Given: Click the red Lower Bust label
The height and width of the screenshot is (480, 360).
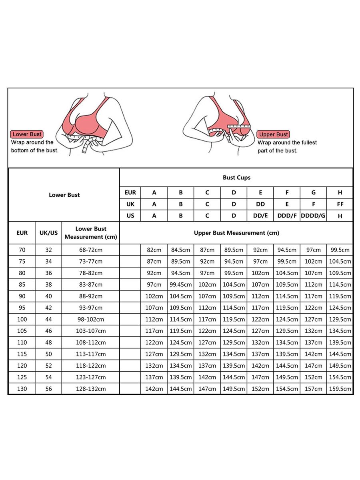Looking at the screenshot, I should pyautogui.click(x=27, y=134).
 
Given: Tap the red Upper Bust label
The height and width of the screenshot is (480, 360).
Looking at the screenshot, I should pyautogui.click(x=274, y=134).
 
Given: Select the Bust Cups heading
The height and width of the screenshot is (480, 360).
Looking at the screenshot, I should pyautogui.click(x=236, y=178).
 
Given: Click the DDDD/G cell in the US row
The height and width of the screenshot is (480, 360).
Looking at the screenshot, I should pyautogui.click(x=313, y=216).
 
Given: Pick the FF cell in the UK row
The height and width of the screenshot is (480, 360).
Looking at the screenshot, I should pyautogui.click(x=340, y=204).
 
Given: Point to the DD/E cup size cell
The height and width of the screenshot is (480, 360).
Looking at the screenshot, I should pyautogui.click(x=260, y=216).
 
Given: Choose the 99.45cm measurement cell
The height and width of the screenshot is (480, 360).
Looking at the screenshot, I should pyautogui.click(x=180, y=284).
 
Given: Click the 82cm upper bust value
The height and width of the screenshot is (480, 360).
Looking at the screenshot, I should pyautogui.click(x=154, y=250).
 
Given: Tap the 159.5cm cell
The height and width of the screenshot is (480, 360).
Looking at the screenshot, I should pyautogui.click(x=340, y=389).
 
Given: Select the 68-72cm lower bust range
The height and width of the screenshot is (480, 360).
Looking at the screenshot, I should pyautogui.click(x=90, y=250).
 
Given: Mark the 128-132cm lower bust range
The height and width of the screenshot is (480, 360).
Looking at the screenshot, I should pyautogui.click(x=90, y=389).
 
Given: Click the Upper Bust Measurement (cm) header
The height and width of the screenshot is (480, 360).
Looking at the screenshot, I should pyautogui.click(x=236, y=233).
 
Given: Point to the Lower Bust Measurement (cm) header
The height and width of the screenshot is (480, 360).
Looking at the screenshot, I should pyautogui.click(x=90, y=233).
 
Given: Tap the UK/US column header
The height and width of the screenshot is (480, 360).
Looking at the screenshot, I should pyautogui.click(x=48, y=233).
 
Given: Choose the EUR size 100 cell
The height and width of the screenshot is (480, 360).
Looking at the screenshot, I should pyautogui.click(x=22, y=319).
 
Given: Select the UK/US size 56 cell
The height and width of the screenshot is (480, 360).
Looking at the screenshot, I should pyautogui.click(x=48, y=389).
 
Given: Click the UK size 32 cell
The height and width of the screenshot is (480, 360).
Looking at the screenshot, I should pyautogui.click(x=48, y=250).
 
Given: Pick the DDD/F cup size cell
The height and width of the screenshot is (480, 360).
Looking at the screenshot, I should pyautogui.click(x=287, y=216).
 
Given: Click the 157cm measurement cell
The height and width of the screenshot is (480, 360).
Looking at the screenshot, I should pyautogui.click(x=313, y=389).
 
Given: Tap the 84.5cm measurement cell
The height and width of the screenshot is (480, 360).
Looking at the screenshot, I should pyautogui.click(x=180, y=250).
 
